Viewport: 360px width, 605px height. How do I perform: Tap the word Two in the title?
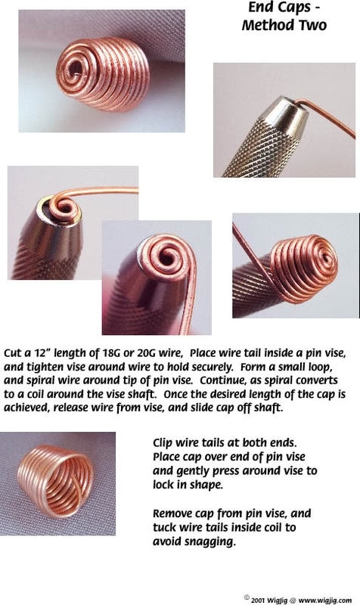(x=310, y=25)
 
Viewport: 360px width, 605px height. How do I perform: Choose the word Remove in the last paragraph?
(x=172, y=513)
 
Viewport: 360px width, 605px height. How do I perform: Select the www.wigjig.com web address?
(x=325, y=600)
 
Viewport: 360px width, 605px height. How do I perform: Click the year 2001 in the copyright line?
(x=259, y=600)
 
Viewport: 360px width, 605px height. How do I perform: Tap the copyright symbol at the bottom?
(x=247, y=597)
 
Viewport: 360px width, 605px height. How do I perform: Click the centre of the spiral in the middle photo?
(x=168, y=256)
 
